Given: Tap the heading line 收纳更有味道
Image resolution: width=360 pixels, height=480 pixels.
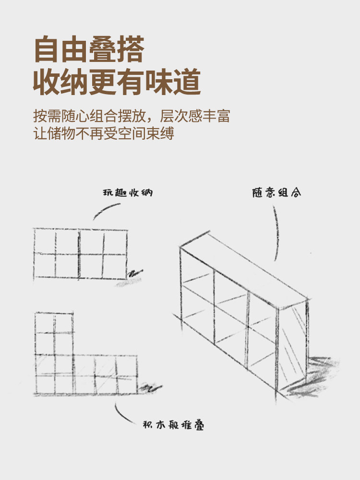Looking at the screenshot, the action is coord(117,82).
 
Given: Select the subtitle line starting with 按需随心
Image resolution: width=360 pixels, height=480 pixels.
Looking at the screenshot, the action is coord(132,116).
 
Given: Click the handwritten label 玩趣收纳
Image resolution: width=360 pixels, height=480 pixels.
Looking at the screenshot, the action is coord(128,193).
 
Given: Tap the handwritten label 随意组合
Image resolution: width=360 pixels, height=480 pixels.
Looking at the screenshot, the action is coord(277,193).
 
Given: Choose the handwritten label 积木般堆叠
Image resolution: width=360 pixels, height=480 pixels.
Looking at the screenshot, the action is coord(174,425).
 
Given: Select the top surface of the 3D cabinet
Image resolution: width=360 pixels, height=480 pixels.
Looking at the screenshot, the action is coord(245,266).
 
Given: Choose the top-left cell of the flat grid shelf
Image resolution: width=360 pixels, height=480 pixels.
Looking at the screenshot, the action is coord(45,241).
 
